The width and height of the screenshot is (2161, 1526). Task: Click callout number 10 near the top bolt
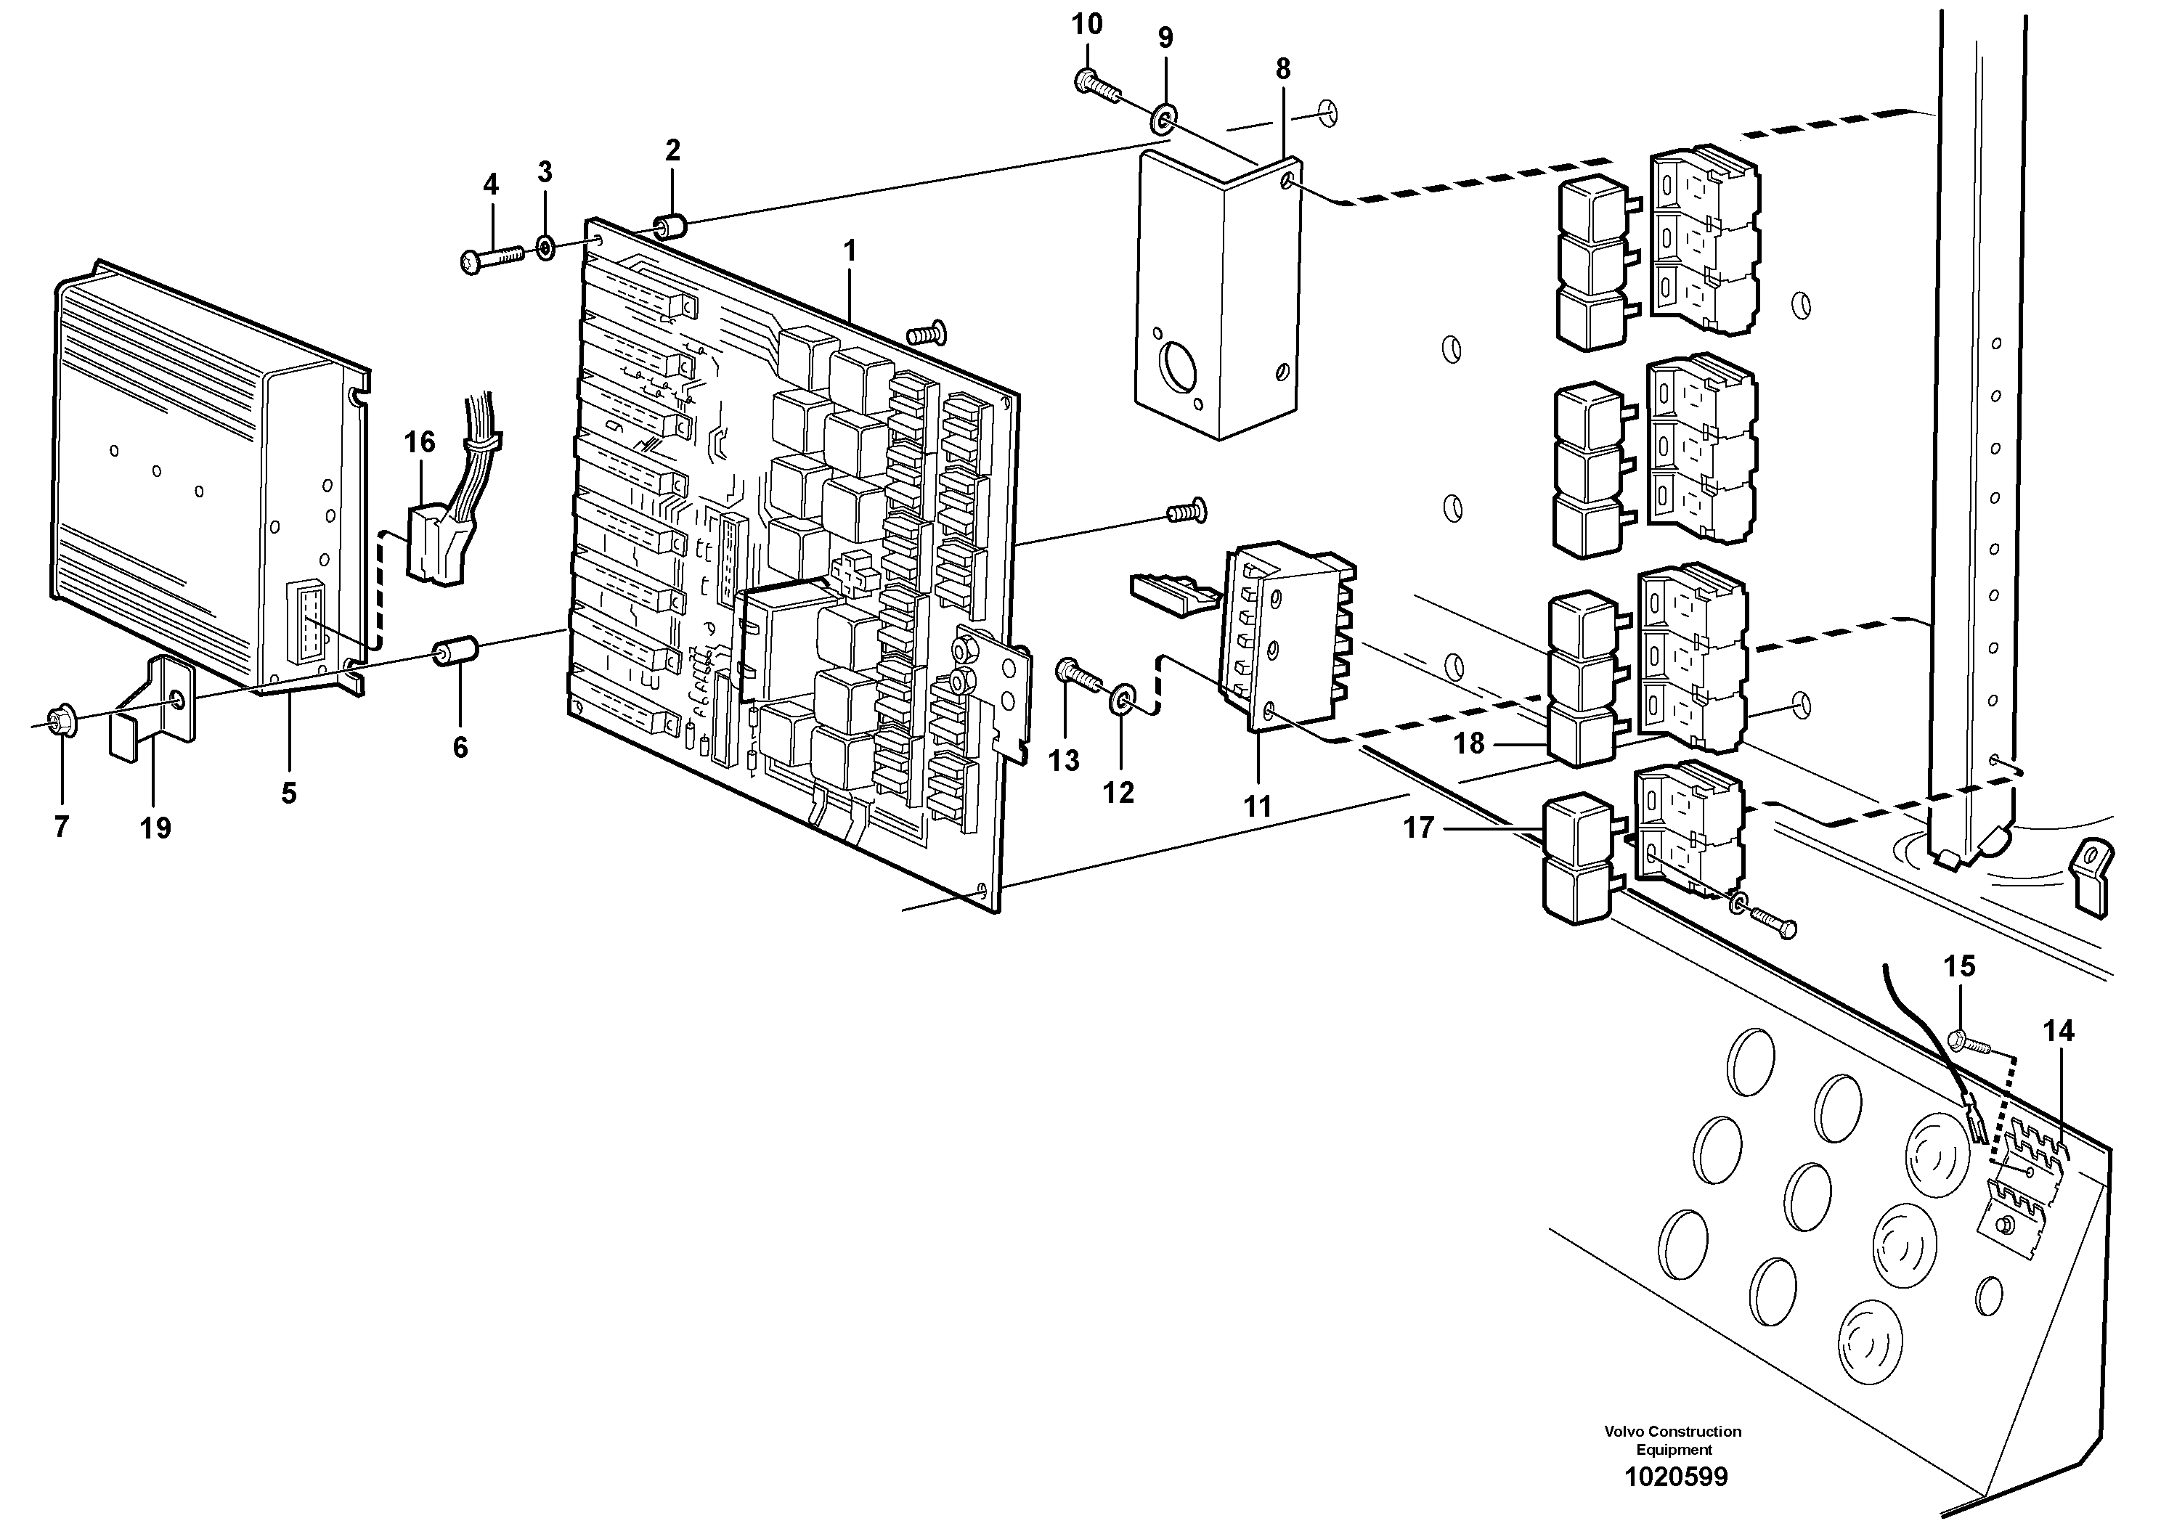point(1086,25)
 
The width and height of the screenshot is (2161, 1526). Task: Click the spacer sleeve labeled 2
point(671,227)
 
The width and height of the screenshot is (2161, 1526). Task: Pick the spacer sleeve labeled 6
point(455,651)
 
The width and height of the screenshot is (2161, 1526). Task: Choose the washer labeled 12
point(1120,699)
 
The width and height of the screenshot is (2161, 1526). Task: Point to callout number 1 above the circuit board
point(849,251)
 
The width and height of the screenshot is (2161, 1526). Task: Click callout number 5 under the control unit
point(288,793)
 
